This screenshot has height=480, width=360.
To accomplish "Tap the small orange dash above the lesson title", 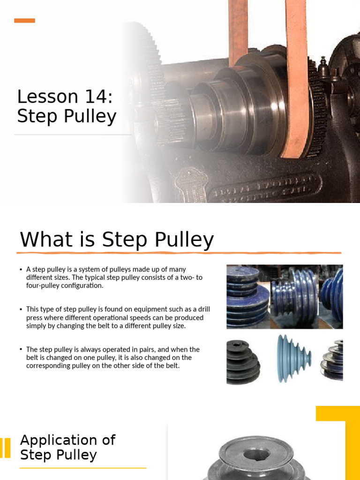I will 24,21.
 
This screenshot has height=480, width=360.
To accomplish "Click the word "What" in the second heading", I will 42,240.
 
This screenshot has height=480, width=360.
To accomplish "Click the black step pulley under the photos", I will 242,361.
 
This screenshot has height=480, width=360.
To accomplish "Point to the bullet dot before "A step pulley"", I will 21,270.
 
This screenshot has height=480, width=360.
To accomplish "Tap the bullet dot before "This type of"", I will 21,309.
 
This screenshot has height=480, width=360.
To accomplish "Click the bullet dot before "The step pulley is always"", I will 21,349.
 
